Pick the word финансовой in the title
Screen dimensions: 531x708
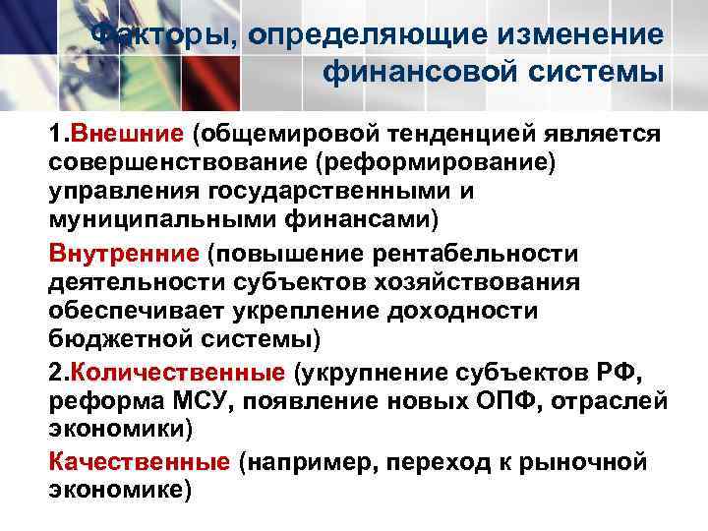point(424,72)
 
